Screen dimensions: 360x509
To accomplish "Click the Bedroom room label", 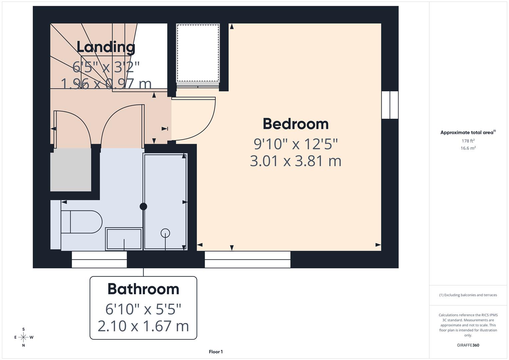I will pyautogui.click(x=296, y=124).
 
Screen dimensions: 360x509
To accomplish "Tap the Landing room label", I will pyautogui.click(x=106, y=47).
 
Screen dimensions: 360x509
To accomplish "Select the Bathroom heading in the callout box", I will pyautogui.click(x=143, y=289).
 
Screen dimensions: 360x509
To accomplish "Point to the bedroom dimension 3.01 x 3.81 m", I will pyautogui.click(x=296, y=161).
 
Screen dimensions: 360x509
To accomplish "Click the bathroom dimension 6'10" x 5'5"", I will pyautogui.click(x=143, y=309).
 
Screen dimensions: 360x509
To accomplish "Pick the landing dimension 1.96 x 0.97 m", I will pyautogui.click(x=106, y=84).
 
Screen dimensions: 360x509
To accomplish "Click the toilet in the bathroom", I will pyautogui.click(x=82, y=222).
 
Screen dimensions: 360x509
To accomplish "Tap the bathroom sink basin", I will pyautogui.click(x=124, y=239).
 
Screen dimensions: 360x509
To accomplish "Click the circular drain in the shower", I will pyautogui.click(x=165, y=233).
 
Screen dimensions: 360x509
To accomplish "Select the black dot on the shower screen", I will pyautogui.click(x=143, y=206).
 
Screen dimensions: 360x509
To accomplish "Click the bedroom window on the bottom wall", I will pyautogui.click(x=247, y=259).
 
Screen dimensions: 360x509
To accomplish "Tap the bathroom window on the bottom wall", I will pyautogui.click(x=99, y=259).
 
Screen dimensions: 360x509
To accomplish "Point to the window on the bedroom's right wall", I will pyautogui.click(x=390, y=105).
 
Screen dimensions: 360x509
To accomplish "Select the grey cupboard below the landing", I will pyautogui.click(x=71, y=170).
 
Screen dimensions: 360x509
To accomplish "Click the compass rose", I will pyautogui.click(x=24, y=337).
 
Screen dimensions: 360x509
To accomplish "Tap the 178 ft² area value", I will pyautogui.click(x=468, y=141).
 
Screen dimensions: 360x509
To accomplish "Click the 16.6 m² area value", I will pyautogui.click(x=468, y=148).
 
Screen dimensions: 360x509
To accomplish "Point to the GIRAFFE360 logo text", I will pyautogui.click(x=468, y=345).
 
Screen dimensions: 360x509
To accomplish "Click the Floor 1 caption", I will pyautogui.click(x=216, y=352).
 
